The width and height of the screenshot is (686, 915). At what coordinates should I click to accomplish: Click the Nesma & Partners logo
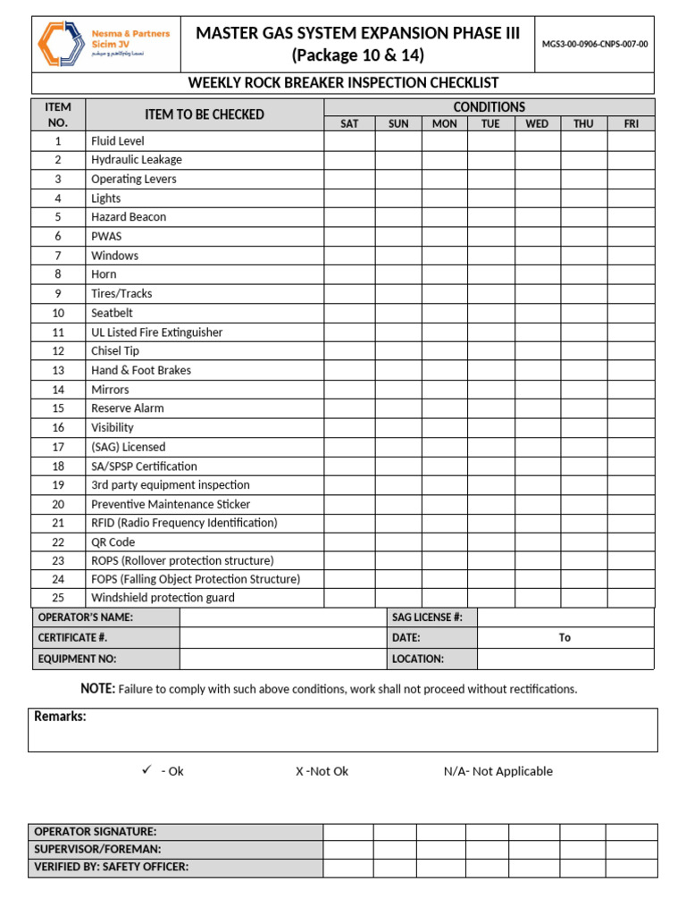[103, 43]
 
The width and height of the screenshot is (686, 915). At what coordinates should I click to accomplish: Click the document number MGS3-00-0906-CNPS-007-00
[595, 43]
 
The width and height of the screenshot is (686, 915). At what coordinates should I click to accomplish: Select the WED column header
[537, 124]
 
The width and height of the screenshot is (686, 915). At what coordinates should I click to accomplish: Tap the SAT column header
[349, 124]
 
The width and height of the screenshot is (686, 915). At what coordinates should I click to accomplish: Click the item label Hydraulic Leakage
[136, 160]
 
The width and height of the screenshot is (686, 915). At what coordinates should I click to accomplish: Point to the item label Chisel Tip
[115, 351]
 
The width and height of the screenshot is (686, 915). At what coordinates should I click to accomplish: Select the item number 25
[58, 598]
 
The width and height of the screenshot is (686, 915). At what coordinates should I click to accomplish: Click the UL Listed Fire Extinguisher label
[156, 332]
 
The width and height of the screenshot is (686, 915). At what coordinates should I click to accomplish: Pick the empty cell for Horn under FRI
[631, 274]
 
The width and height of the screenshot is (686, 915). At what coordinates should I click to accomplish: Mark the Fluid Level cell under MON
[444, 141]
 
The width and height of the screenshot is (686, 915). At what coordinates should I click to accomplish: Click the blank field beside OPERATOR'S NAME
[282, 617]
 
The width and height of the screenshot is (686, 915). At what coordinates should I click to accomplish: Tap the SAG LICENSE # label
[427, 617]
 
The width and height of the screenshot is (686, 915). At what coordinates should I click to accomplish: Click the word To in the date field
[565, 638]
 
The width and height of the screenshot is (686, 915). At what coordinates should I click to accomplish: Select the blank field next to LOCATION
[565, 659]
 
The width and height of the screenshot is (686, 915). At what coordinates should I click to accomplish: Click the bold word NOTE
[97, 689]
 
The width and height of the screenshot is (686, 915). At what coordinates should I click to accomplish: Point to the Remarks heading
[60, 717]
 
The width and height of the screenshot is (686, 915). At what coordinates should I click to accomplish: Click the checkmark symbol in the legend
[147, 770]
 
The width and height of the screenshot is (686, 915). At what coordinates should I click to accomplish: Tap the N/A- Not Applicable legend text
[498, 771]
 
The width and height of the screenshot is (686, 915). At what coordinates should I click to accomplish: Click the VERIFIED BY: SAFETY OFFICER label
[111, 867]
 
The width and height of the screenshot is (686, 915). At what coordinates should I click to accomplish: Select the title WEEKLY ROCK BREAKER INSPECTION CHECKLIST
[343, 83]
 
